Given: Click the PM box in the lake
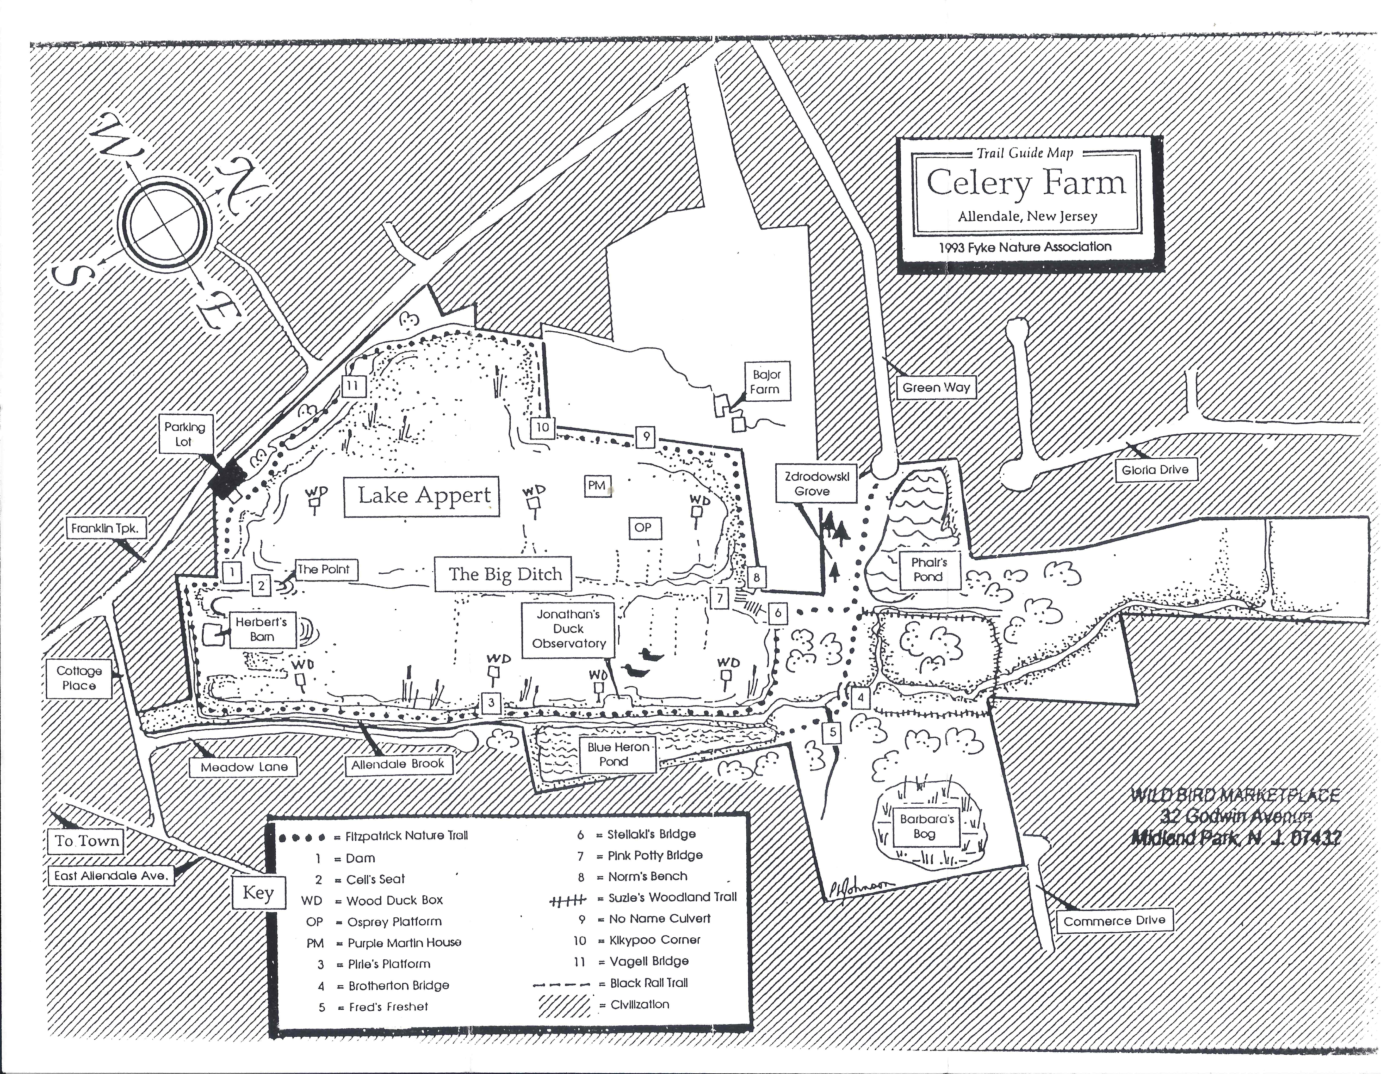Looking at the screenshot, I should (596, 486).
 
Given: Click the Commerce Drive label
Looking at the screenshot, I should (1114, 920).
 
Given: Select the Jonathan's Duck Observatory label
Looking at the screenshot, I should (569, 629).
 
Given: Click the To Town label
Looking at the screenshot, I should (87, 841).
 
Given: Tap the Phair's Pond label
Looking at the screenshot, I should (928, 569).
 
